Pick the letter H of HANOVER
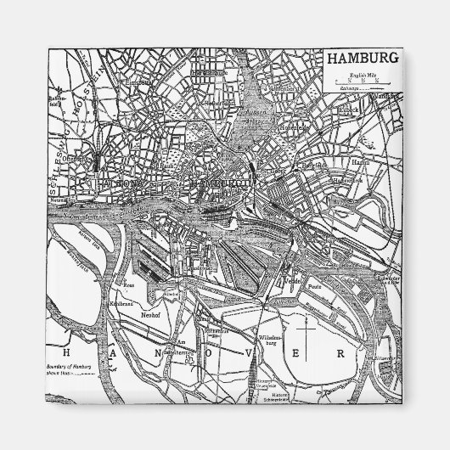click(56, 350)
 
